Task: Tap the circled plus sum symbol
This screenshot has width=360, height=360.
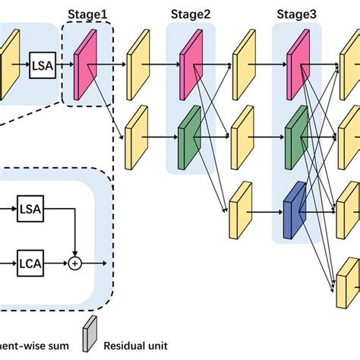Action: point(74,264)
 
